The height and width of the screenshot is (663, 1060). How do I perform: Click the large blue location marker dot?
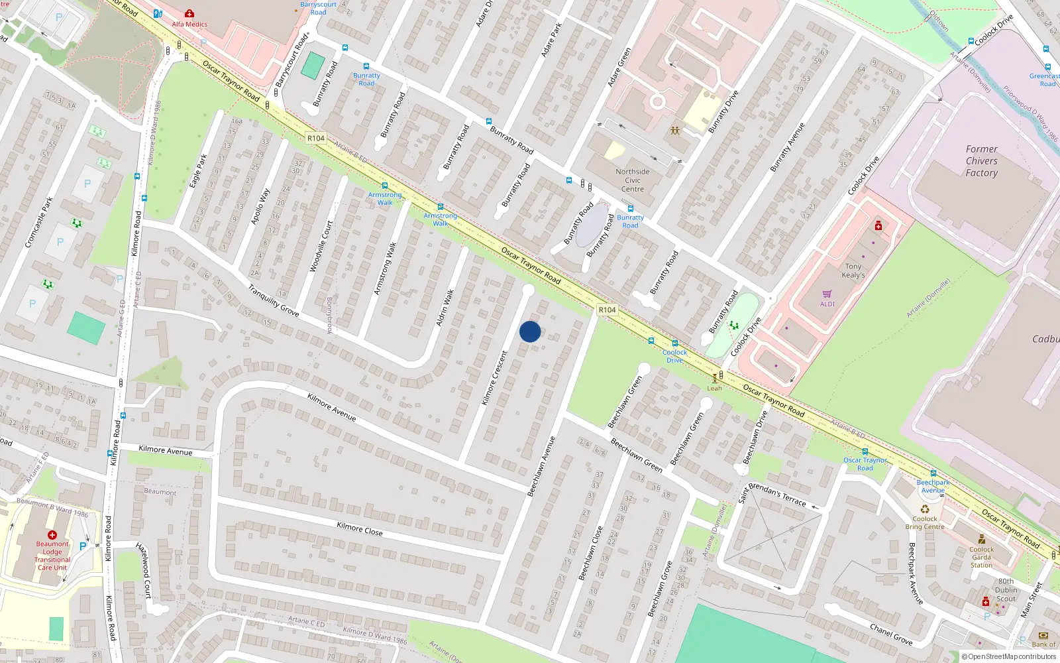coord(530,331)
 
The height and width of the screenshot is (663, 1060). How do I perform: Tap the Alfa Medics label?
coord(189,25)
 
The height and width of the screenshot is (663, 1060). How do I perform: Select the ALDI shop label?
coord(827,304)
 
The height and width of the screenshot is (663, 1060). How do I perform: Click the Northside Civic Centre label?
coord(633,180)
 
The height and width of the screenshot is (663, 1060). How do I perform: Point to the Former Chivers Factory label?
coord(981,161)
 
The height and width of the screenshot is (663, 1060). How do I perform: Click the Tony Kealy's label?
coord(853,271)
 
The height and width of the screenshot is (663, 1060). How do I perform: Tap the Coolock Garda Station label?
coord(981,557)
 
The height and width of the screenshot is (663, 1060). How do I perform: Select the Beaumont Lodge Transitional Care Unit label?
coord(52,556)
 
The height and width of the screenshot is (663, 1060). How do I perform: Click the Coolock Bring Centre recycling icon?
coord(925,509)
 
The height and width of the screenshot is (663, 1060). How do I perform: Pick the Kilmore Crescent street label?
coord(494,378)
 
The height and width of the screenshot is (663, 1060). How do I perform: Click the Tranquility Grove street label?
coord(273,300)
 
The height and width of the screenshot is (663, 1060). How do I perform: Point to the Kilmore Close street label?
coord(360,528)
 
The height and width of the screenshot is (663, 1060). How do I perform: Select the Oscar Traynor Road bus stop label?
coord(865,463)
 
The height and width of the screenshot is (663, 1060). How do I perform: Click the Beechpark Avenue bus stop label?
coord(933,486)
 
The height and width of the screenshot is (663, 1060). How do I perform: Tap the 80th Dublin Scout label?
coord(1006,590)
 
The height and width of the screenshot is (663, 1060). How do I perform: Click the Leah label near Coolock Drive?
coord(714,389)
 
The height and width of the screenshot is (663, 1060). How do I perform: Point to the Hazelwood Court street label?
coord(144,570)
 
